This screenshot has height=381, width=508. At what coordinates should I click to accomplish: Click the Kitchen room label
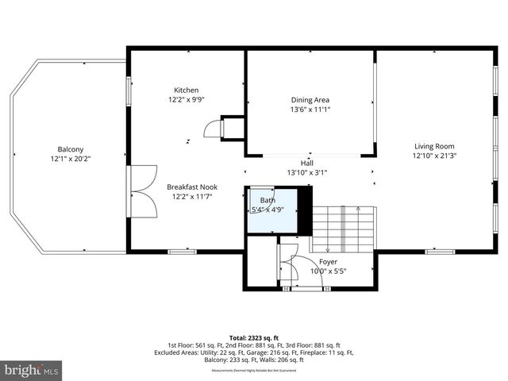point(187,90)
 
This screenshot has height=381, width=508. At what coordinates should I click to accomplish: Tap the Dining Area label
point(310,99)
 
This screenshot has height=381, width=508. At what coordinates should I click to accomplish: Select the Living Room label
point(434,145)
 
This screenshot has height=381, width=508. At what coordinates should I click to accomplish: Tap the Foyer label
point(329,261)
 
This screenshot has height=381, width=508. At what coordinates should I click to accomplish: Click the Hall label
point(306,163)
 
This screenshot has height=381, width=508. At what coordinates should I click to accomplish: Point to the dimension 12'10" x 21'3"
point(434,156)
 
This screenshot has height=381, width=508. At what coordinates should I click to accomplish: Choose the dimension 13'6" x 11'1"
point(310,110)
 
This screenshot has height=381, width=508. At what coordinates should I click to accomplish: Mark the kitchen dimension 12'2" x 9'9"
point(187,100)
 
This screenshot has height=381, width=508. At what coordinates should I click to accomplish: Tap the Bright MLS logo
point(32,370)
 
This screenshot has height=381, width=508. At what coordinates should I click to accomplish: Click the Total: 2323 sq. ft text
point(254,337)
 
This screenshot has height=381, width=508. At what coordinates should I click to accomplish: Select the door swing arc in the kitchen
point(212,129)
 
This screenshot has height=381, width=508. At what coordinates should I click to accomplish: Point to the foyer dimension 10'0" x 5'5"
point(329,271)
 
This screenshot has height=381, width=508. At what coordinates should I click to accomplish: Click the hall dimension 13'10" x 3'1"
point(306,172)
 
